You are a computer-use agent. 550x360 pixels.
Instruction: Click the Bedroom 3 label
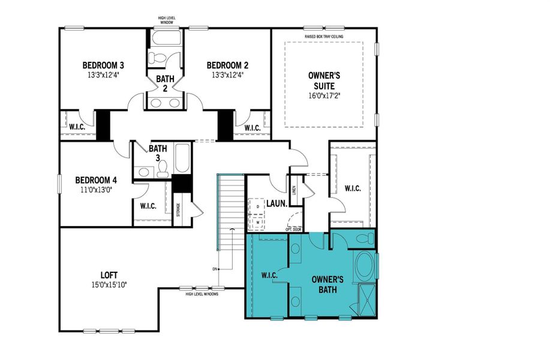[x=103, y=65]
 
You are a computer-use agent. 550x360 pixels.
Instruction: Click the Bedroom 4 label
[x=96, y=179]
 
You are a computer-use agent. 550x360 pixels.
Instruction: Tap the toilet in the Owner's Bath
[x=363, y=239]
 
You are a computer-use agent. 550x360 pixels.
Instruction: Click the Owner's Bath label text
[x=327, y=284]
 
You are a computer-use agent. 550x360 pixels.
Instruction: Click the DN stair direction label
[x=214, y=268]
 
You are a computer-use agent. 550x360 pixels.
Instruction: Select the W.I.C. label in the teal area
[x=269, y=275]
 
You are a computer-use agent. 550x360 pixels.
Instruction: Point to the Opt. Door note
[x=293, y=229]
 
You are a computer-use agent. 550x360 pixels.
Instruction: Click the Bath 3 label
[x=158, y=152]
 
